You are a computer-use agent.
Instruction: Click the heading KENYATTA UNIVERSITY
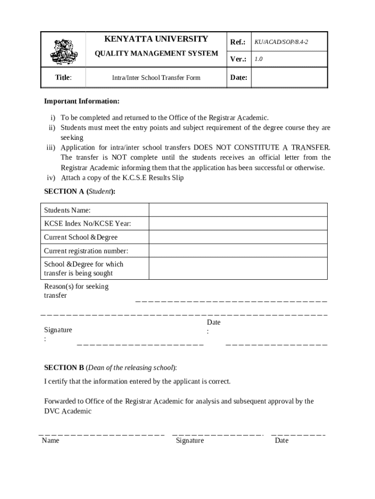click(156, 39)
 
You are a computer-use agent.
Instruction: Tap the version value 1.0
click(259, 59)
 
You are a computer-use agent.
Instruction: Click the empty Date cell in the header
click(289, 77)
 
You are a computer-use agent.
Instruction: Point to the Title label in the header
click(63, 77)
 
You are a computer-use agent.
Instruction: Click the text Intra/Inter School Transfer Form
click(156, 77)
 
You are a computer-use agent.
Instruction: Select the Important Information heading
click(81, 101)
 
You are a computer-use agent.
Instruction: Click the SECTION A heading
click(80, 192)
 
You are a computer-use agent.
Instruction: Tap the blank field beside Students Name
click(238, 210)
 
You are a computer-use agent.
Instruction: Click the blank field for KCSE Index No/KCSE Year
click(238, 224)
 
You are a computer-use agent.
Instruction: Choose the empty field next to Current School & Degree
click(238, 237)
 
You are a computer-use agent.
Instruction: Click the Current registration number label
click(86, 251)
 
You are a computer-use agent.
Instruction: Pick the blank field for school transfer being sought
click(238, 269)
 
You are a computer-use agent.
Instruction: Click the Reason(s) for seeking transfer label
click(76, 291)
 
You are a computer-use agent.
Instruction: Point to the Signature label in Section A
click(58, 330)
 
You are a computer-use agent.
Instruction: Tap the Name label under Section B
click(51, 441)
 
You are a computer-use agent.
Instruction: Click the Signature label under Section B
click(190, 441)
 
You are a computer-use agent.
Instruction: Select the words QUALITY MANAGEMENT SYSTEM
click(156, 53)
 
